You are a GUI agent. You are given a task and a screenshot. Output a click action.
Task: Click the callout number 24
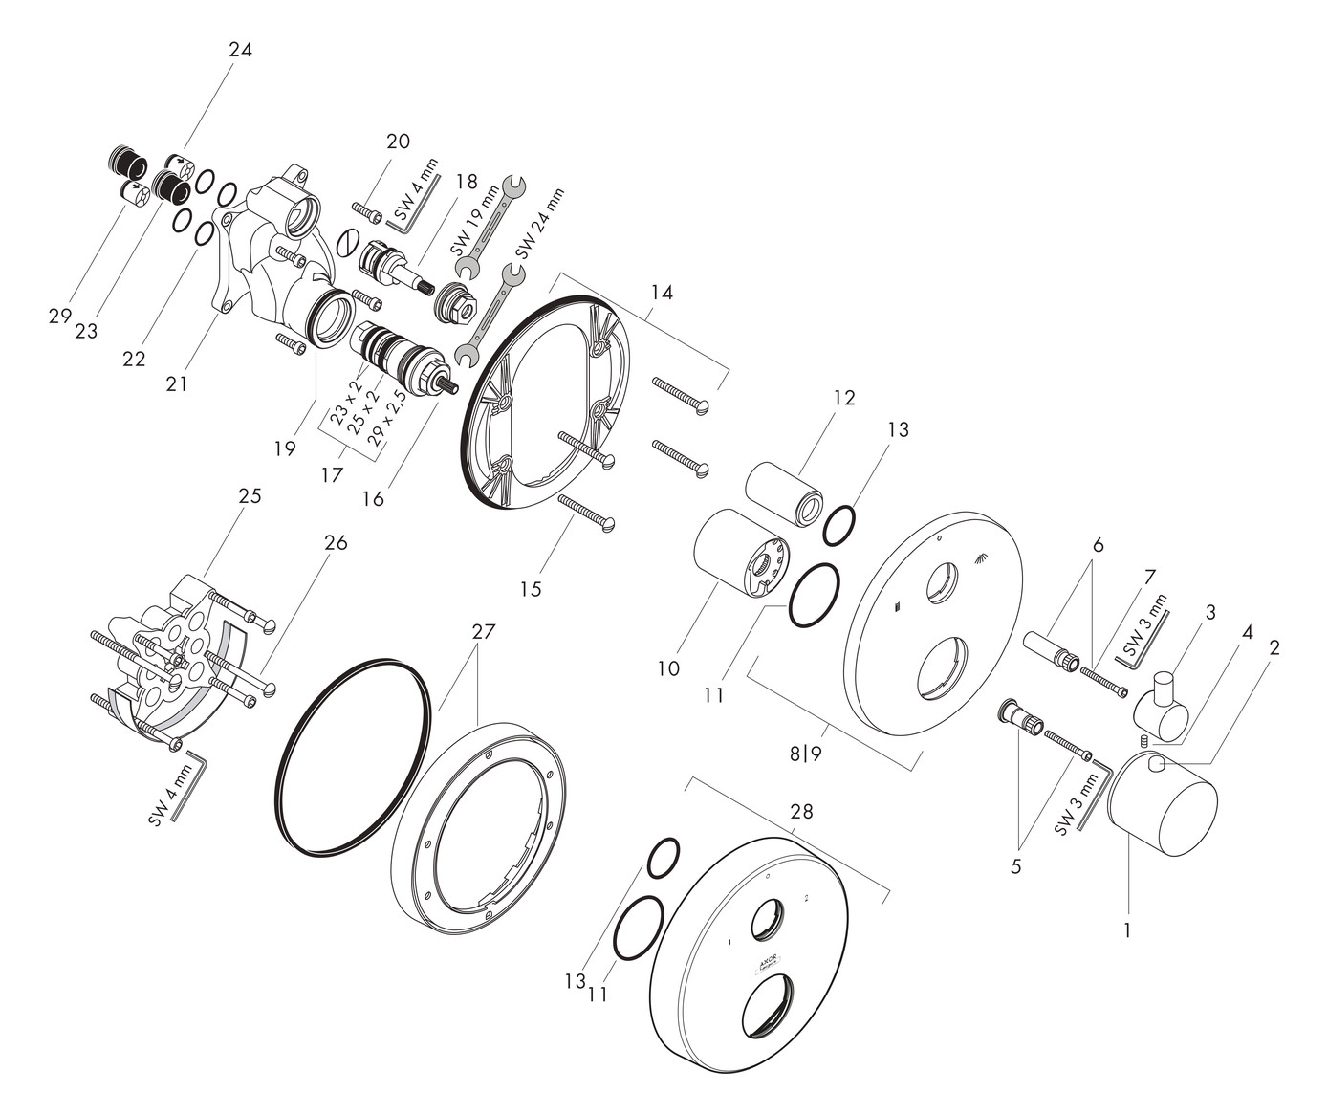(240, 50)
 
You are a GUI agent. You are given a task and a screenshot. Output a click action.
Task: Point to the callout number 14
(661, 293)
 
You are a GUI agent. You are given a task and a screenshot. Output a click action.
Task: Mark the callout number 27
(485, 631)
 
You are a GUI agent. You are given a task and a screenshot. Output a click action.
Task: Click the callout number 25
(250, 496)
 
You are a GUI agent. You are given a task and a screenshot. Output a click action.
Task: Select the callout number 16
(373, 498)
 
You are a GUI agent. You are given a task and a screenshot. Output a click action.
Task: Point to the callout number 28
(801, 811)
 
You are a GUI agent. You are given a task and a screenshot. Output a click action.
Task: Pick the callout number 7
(1149, 577)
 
